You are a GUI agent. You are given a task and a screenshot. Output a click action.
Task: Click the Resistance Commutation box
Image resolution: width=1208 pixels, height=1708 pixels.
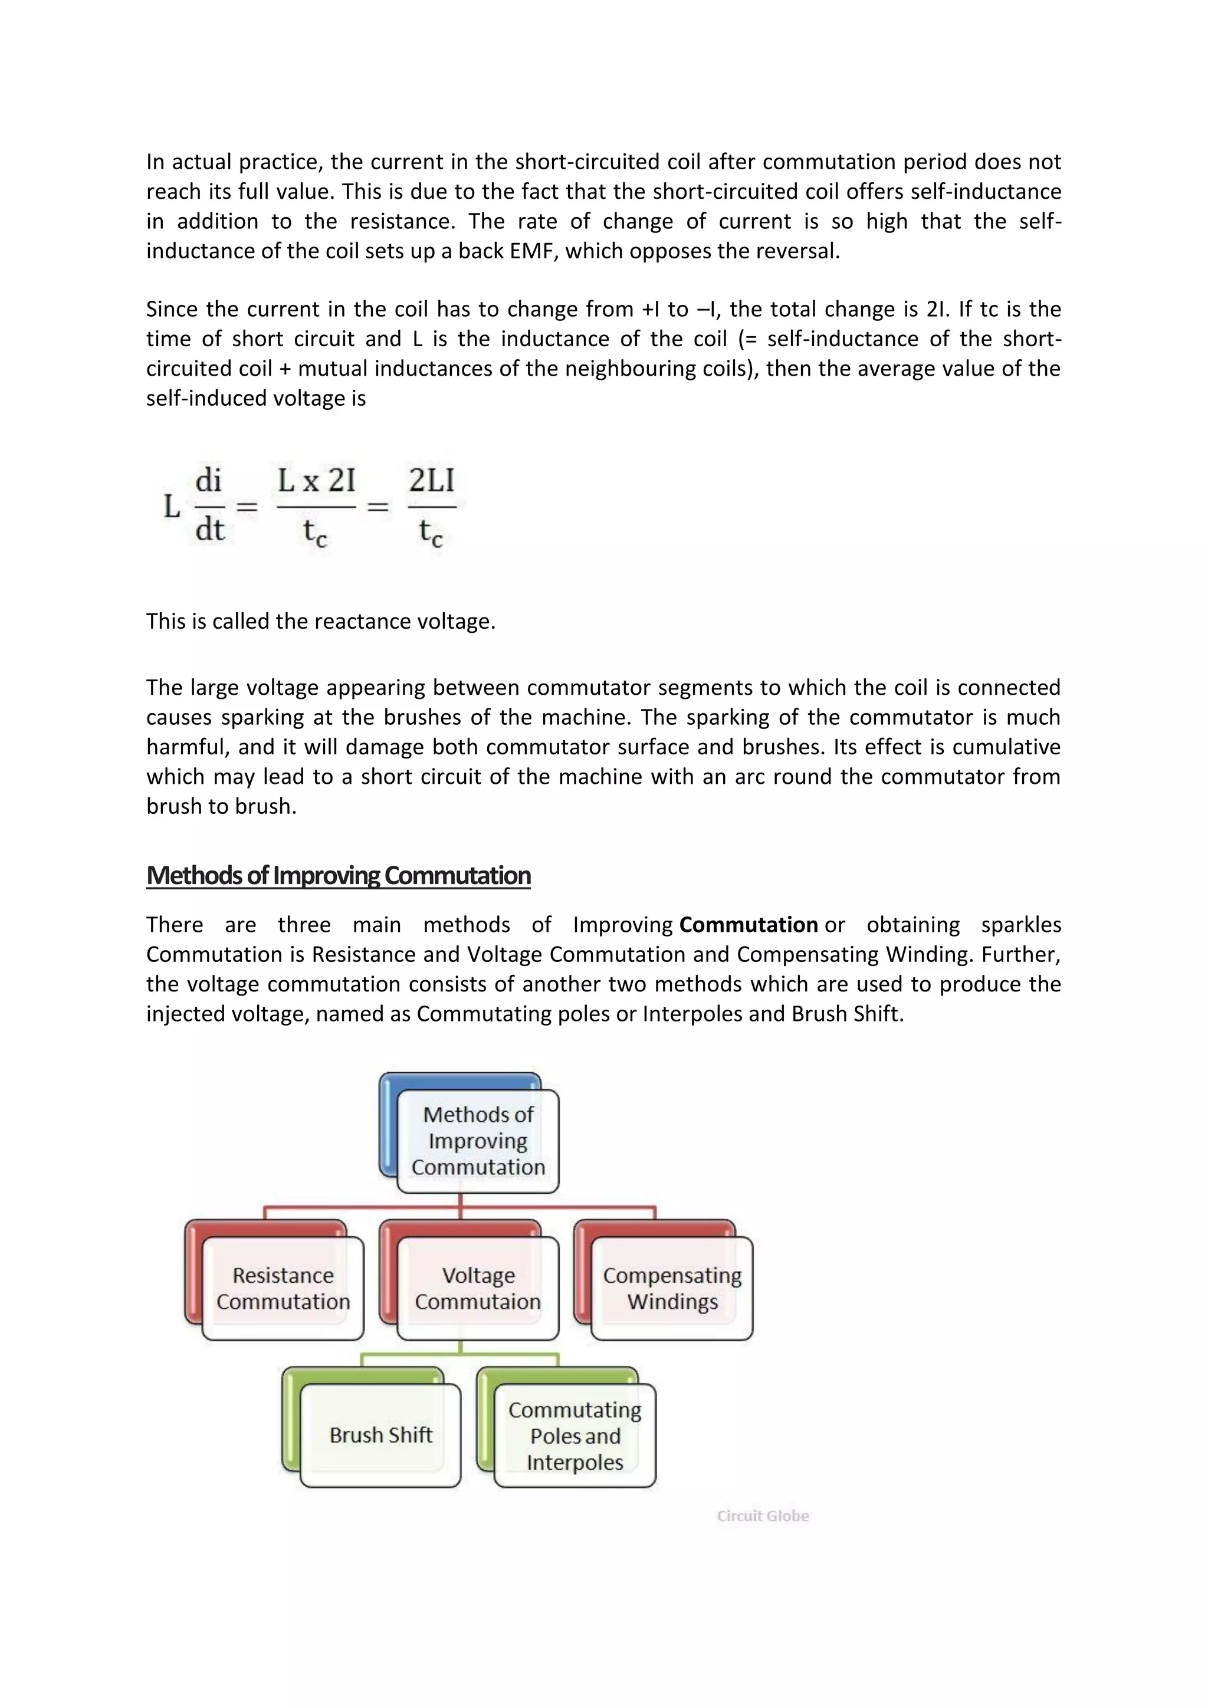283,1289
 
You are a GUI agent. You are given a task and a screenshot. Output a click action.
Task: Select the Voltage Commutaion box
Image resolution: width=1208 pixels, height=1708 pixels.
478,1289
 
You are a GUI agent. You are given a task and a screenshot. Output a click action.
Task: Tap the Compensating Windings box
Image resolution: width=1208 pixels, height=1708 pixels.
672,1289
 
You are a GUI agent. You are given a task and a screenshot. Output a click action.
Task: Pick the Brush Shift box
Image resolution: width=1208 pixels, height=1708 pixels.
380,1435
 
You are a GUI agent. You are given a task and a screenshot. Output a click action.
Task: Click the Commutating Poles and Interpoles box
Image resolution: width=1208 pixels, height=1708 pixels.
575,1436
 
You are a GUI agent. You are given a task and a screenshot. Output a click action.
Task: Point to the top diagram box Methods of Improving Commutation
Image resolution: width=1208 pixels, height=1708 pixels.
478,1141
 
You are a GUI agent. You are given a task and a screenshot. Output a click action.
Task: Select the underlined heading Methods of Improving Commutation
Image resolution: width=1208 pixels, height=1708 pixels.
339,876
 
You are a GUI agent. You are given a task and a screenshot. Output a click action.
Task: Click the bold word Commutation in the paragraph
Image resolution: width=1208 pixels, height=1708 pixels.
749,925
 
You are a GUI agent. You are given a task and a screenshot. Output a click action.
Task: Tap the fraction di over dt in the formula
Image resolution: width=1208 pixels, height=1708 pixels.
209,506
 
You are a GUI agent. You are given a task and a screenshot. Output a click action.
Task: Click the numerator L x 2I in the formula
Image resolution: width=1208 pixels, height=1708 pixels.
316,481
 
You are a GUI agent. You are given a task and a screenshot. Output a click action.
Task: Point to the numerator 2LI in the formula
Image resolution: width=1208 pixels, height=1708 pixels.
431,481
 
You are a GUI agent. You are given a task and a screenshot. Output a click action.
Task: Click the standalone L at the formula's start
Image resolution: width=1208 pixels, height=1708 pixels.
172,507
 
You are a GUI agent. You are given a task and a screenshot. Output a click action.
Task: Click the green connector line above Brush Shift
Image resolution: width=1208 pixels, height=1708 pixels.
362,1360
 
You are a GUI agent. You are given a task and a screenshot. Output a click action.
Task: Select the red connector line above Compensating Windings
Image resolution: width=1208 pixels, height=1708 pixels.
655,1213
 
